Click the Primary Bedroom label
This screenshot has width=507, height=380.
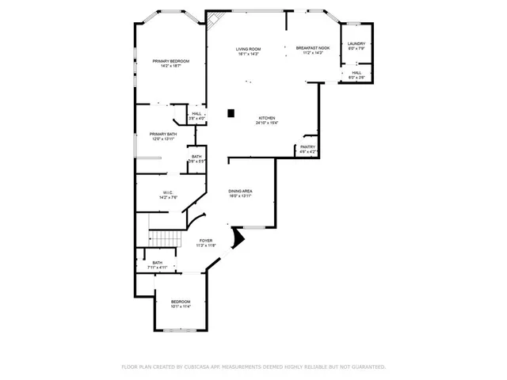tap(171, 61)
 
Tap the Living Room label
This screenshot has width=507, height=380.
tap(248, 49)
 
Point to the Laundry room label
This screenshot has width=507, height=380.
tap(356, 44)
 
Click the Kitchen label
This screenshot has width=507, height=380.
tap(266, 119)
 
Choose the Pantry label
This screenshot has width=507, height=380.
tap(307, 146)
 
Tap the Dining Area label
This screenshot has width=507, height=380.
tap(241, 191)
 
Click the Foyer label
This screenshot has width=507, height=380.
tap(205, 240)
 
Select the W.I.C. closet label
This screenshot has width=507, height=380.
tap(168, 192)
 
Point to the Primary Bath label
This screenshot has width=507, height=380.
tap(163, 134)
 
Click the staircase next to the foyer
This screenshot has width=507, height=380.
tap(162, 238)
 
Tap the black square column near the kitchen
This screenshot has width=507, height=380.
tap(231, 113)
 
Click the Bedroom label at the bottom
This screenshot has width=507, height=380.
tap(181, 301)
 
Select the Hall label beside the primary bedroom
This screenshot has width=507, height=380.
tap(196, 113)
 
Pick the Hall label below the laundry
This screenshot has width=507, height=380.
tap(356, 72)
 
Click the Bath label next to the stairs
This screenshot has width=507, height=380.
tap(157, 263)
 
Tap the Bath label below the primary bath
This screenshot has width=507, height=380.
tap(196, 156)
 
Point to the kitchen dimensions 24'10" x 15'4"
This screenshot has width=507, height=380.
tap(266, 123)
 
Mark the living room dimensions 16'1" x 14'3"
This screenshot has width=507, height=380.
tap(248, 54)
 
